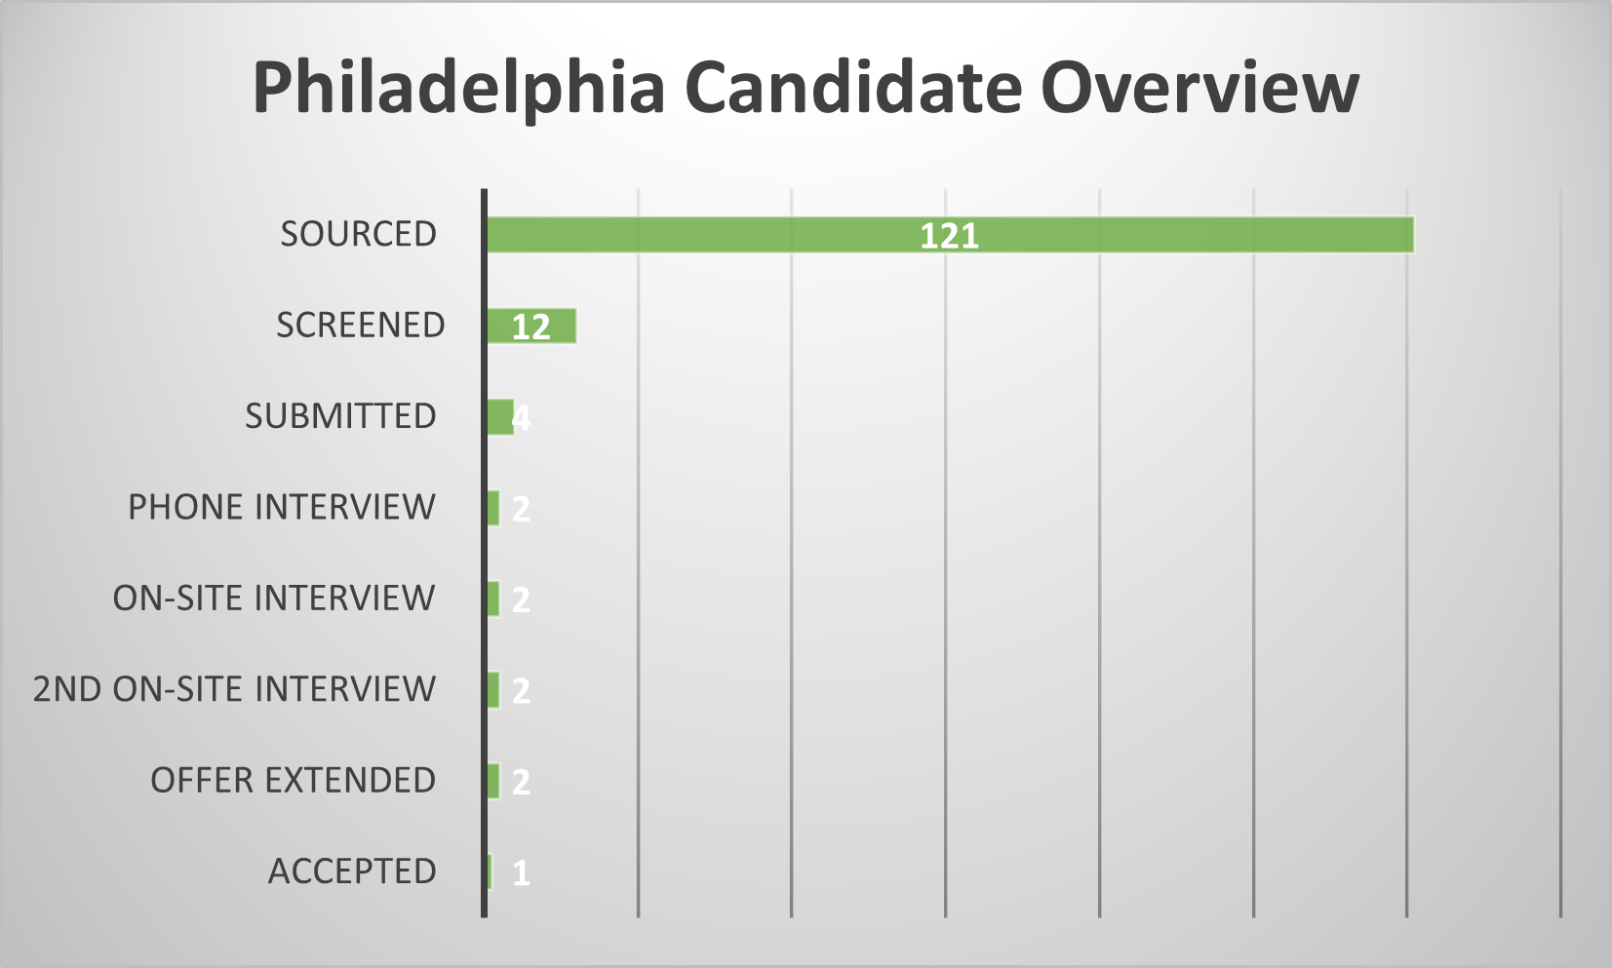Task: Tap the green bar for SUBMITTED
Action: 500,417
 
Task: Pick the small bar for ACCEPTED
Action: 490,871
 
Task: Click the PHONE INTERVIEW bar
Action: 493,508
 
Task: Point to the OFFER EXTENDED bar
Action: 493,781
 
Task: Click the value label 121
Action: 949,236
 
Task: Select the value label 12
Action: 531,327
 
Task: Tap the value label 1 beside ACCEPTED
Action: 521,872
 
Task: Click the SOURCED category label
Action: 358,234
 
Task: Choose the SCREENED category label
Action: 360,325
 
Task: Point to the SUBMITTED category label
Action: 340,416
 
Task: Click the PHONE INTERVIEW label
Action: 281,507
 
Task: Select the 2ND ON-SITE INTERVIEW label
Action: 234,689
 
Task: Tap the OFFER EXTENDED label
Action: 293,780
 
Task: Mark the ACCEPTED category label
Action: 352,871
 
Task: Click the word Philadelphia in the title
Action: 458,88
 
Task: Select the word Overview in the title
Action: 1199,88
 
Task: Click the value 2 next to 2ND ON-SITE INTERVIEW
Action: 521,691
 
